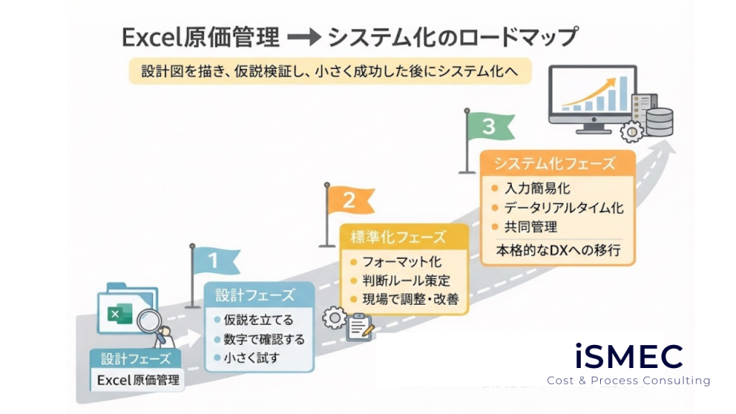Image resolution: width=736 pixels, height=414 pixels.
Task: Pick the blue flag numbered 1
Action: pos(215,261)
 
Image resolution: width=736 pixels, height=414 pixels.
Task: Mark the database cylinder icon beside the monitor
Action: pos(658,121)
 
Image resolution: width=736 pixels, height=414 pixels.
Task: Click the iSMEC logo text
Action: pos(628,356)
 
